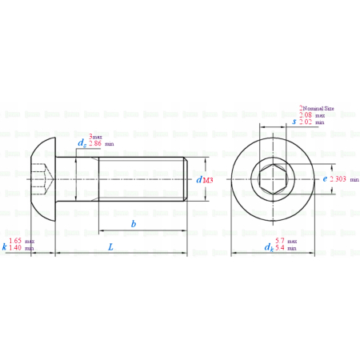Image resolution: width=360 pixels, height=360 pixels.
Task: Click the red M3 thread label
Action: (x=208, y=181)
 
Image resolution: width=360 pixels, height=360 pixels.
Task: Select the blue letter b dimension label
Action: (x=134, y=224)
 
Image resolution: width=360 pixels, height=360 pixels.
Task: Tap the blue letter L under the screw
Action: (x=110, y=247)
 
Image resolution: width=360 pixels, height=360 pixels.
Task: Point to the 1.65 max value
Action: (x=22, y=241)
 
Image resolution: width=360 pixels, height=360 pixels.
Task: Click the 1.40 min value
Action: (x=22, y=249)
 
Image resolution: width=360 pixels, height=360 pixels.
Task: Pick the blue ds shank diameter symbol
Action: (x=82, y=142)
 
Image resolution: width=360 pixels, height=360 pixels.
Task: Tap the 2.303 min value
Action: (x=343, y=180)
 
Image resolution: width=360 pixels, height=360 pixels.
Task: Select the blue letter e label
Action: (x=325, y=179)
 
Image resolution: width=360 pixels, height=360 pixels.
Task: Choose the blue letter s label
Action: (x=294, y=121)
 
